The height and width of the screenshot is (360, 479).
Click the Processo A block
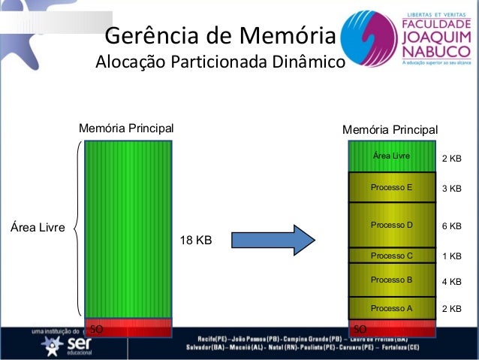pyautogui.click(x=392, y=308)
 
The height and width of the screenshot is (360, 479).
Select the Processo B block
pyautogui.click(x=392, y=280)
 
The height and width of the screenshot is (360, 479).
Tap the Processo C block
pyautogui.click(x=392, y=256)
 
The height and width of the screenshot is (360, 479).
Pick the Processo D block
pyautogui.click(x=392, y=225)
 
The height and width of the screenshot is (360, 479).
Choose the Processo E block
pyautogui.click(x=392, y=187)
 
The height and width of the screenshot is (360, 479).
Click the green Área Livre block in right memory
pyautogui.click(x=392, y=156)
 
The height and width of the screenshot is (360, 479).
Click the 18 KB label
pyautogui.click(x=195, y=241)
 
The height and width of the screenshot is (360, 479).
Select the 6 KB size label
pyautogui.click(x=451, y=226)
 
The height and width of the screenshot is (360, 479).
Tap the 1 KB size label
pyautogui.click(x=451, y=256)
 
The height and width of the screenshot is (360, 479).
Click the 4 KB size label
pyautogui.click(x=451, y=282)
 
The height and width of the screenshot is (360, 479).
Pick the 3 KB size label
pyautogui.click(x=451, y=189)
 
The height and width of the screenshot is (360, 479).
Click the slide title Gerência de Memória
pyautogui.click(x=219, y=35)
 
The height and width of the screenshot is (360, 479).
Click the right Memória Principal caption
pyautogui.click(x=390, y=130)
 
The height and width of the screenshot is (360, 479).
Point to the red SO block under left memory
pyautogui.click(x=129, y=329)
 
